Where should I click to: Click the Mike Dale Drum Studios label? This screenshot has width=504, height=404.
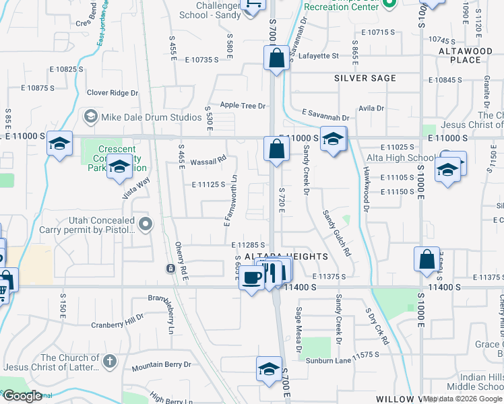click(152, 117)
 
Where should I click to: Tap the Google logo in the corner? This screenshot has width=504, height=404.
click(22, 396)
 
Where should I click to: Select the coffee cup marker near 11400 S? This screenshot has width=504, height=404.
click(252, 277)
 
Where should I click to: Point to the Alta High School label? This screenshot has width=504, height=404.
click(400, 158)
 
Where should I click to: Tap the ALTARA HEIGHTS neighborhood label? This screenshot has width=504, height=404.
click(286, 257)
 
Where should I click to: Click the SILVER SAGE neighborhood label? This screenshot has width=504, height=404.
click(365, 78)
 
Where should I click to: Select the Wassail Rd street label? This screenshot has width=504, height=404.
click(208, 161)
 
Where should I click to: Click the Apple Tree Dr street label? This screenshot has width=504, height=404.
click(243, 106)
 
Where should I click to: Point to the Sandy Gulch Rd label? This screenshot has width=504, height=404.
click(337, 233)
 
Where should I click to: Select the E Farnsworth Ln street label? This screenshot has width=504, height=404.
click(232, 201)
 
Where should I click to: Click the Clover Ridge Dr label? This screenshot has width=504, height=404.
click(113, 93)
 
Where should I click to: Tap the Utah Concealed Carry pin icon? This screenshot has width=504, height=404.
click(144, 222)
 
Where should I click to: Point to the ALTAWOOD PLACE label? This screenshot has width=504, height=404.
click(466, 55)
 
